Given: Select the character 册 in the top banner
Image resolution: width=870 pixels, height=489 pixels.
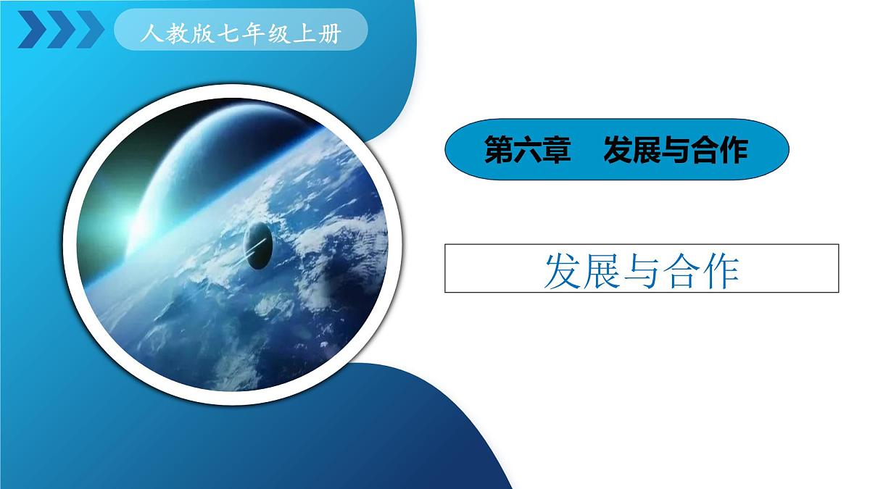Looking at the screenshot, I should [329, 34].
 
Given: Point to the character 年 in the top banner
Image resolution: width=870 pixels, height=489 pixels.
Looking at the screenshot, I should [254, 34].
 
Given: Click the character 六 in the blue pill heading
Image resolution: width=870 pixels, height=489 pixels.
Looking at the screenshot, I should [527, 151].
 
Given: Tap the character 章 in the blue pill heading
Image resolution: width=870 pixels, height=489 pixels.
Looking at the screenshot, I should [556, 151].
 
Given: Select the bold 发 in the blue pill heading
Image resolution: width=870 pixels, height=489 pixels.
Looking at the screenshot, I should [617, 151].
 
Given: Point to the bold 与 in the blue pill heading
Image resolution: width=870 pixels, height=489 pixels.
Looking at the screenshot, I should [675, 151].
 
